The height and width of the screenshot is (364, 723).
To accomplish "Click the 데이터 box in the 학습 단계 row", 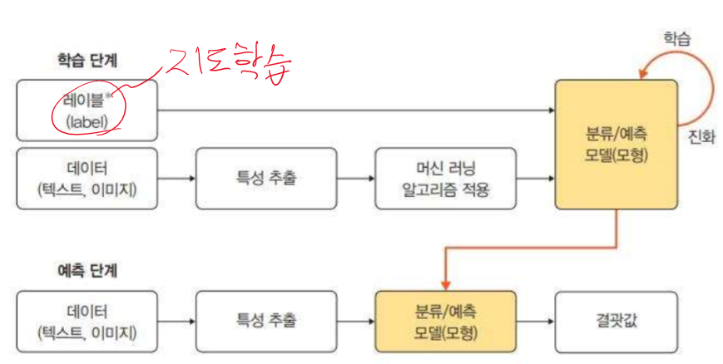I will [87, 178].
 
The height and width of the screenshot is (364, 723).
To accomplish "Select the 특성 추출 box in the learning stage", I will [266, 178].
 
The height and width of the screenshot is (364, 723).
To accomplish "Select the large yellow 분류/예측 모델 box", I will [617, 145].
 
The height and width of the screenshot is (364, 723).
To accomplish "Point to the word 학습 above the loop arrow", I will [676, 38].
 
